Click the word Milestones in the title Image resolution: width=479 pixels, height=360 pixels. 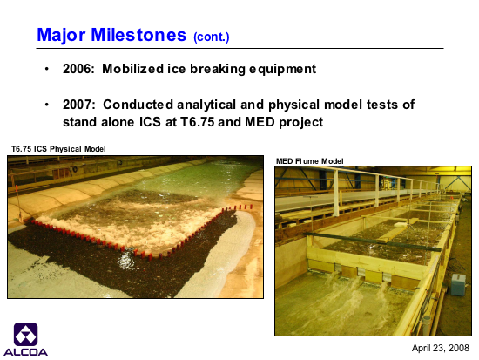click(138, 35)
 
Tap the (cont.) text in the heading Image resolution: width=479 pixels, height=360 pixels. click(212, 37)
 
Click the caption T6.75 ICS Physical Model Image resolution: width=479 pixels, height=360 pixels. click(58, 149)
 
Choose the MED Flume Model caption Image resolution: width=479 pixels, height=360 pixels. click(310, 161)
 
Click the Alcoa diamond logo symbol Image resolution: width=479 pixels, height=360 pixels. click(25, 335)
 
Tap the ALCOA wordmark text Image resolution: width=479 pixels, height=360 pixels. click(25, 352)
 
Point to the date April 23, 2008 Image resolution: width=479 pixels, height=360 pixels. click(441, 348)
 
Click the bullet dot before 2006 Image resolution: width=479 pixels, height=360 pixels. click(47, 69)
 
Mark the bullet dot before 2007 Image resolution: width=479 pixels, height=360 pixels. click(47, 105)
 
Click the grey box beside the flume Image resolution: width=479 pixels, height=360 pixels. click(458, 284)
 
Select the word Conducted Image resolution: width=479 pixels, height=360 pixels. click(138, 105)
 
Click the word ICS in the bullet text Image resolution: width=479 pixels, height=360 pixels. click(150, 122)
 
